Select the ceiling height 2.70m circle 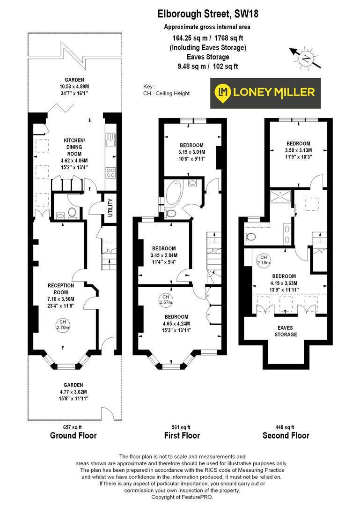coord(63,325)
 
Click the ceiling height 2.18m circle coord(264,260)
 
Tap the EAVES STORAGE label coord(286,331)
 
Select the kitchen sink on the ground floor coord(110,139)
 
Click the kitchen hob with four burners coord(111,172)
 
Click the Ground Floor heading coord(73,435)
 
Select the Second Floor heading coord(286,435)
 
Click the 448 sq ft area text coord(286,427)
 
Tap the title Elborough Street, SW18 coord(207,15)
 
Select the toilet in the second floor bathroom coord(251,235)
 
